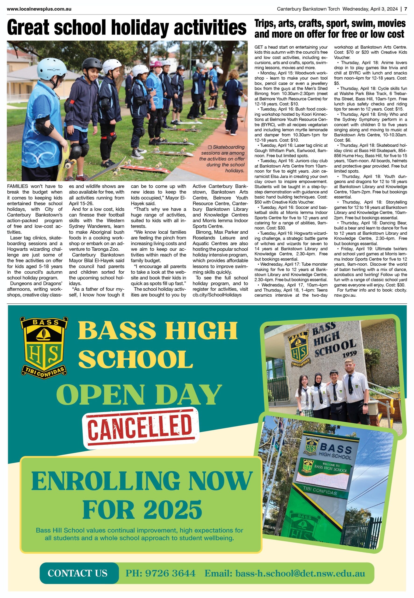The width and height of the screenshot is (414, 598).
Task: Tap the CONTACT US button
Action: pyautogui.click(x=77, y=573)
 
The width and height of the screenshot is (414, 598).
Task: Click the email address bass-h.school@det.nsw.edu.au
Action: pyautogui.click(x=285, y=573)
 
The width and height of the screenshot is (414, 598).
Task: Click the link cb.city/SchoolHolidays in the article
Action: pyautogui.click(x=217, y=295)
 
